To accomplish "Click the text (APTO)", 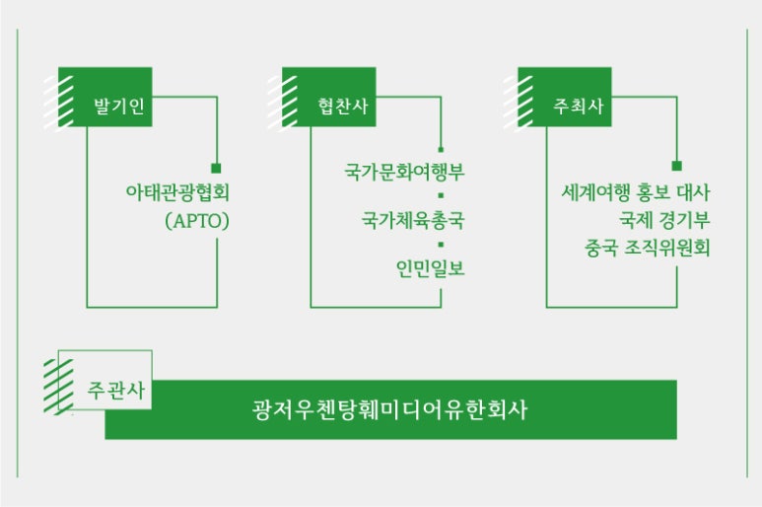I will point(198,221).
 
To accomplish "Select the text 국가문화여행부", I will point(404,174).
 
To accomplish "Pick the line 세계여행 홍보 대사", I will point(632,191).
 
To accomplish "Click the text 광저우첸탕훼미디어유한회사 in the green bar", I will point(389,409).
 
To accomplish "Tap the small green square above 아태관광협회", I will point(216,168).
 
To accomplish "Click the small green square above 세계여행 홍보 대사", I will point(677,168).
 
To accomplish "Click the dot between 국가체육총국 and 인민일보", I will point(441,243).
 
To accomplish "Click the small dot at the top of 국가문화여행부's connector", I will point(441,149).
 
